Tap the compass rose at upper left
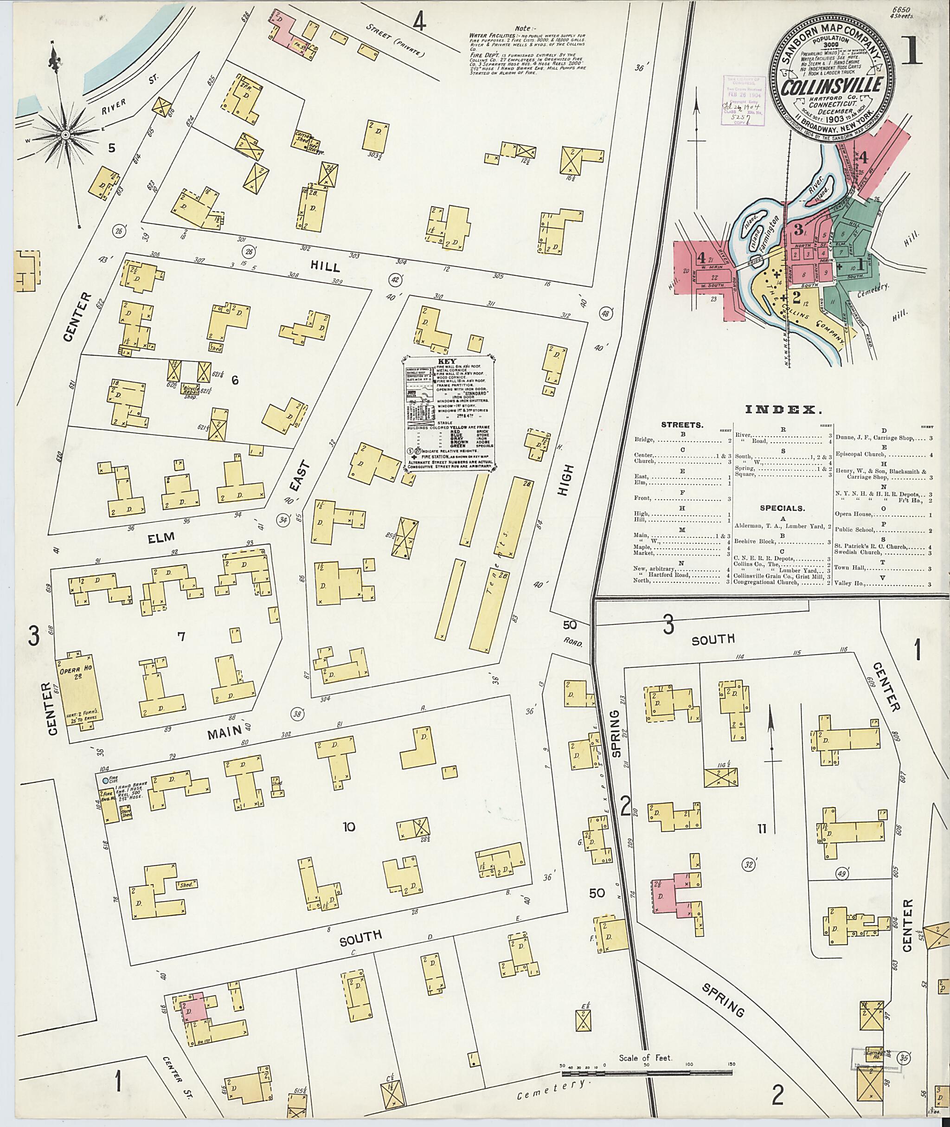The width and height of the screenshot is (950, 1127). pos(64,133)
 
